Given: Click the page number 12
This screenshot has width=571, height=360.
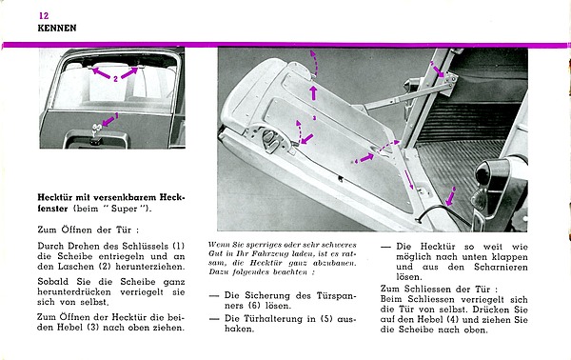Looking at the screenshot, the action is click(x=44, y=15).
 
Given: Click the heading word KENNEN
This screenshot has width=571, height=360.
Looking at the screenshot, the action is click(x=57, y=28).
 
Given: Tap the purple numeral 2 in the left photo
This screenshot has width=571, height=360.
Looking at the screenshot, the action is click(x=115, y=79).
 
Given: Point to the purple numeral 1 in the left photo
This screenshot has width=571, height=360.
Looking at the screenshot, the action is click(x=117, y=115).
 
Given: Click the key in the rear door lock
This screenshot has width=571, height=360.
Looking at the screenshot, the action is click(x=96, y=129).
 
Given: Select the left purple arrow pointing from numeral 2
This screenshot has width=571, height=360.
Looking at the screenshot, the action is click(x=101, y=73).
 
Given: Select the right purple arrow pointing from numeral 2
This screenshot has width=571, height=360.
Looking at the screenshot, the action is click(x=128, y=73).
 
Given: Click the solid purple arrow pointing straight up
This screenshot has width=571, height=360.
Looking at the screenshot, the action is click(x=313, y=92).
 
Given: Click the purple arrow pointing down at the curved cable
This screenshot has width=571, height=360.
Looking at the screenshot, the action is click(x=450, y=199).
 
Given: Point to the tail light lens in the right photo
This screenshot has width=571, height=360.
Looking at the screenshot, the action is click(x=483, y=171).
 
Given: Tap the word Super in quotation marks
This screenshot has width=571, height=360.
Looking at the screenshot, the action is click(x=124, y=209).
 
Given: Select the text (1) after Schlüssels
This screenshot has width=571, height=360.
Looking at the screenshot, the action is click(x=179, y=246).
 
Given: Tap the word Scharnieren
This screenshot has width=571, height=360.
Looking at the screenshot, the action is click(x=501, y=267).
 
